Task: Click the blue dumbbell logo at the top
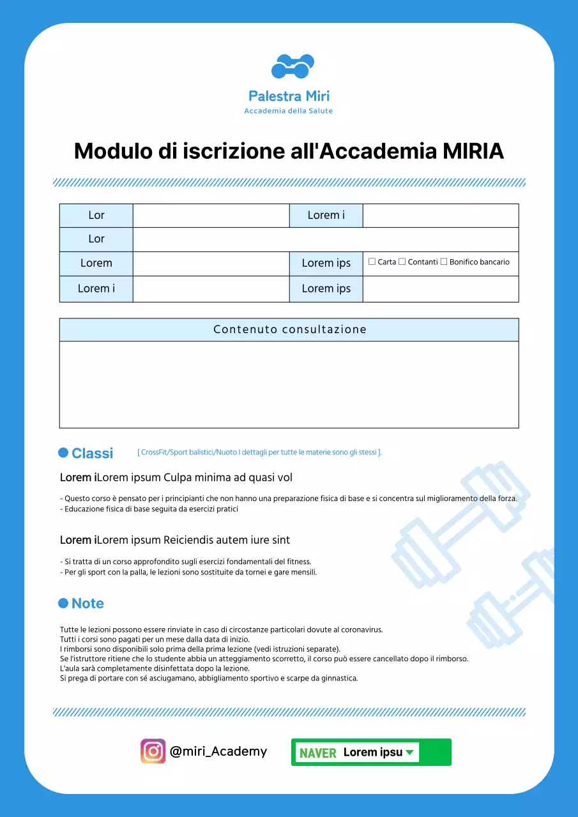pyautogui.click(x=293, y=66)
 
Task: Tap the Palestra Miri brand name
pyautogui.click(x=289, y=96)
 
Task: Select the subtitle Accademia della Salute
pyautogui.click(x=289, y=111)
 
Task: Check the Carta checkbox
pyautogui.click(x=372, y=262)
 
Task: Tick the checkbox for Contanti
pyautogui.click(x=402, y=262)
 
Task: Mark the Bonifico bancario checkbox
pyautogui.click(x=444, y=262)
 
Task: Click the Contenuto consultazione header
pyautogui.click(x=289, y=330)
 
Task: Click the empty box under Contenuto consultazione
pyautogui.click(x=289, y=384)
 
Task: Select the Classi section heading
pyautogui.click(x=92, y=453)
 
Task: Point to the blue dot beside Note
pyautogui.click(x=63, y=603)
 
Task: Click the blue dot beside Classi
pyautogui.click(x=63, y=453)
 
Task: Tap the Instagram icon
pyautogui.click(x=153, y=751)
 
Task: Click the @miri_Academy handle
pyautogui.click(x=218, y=751)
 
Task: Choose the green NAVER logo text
pyautogui.click(x=318, y=753)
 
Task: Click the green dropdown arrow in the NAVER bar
pyautogui.click(x=410, y=753)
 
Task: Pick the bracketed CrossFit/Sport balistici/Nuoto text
pyautogui.click(x=259, y=453)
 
